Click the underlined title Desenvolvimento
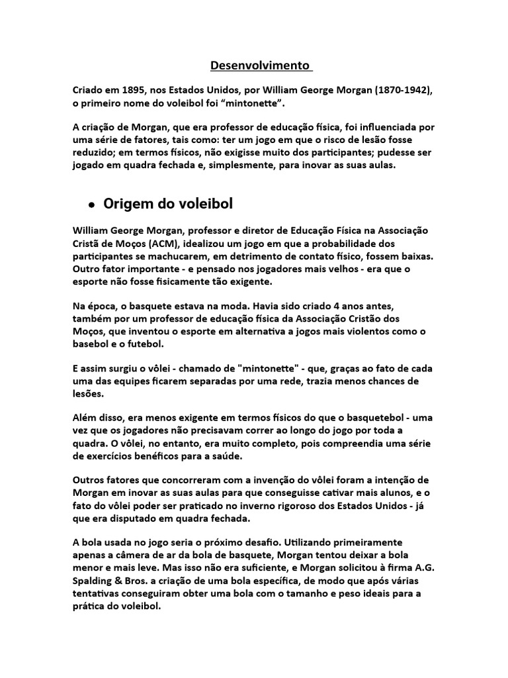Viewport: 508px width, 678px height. coord(260,66)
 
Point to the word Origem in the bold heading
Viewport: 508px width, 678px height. coord(126,203)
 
